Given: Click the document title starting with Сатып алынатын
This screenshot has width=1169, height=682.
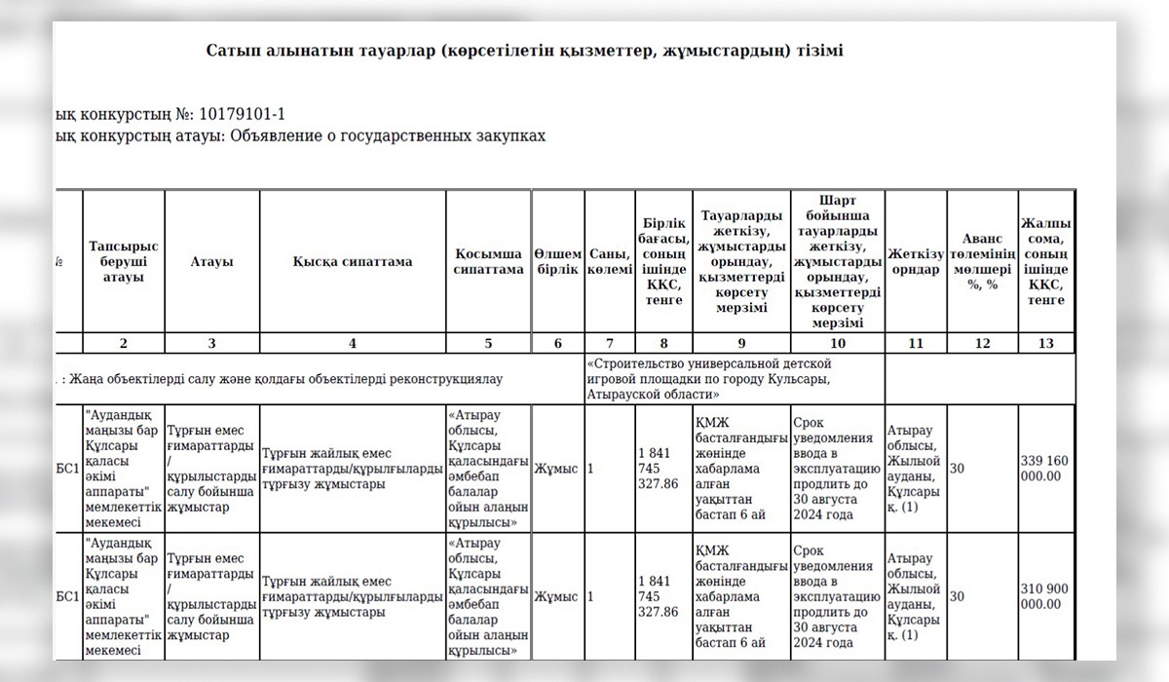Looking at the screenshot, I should coord(524,50).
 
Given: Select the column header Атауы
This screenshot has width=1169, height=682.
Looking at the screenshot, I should coord(211,261).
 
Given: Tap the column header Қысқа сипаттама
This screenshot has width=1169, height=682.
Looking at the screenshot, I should coord(352,261).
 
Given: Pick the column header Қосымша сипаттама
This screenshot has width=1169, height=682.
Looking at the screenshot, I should coord(488,261).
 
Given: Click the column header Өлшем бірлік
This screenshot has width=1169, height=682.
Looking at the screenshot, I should coord(558,261).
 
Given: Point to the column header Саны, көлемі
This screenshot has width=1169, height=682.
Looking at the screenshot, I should coord(610,261).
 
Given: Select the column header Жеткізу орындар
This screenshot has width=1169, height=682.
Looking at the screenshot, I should coord(915,261).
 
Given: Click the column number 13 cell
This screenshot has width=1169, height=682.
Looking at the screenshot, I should coord(1046,343).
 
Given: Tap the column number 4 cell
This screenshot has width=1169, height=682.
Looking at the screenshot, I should coord(352,343).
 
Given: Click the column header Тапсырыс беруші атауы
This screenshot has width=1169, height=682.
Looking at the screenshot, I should coord(124,261).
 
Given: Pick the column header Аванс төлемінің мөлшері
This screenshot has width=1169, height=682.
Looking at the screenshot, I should coord(982,261).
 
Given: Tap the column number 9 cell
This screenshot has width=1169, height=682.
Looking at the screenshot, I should coord(741,343).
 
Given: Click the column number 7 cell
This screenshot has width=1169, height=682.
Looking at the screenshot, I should coord(610,343).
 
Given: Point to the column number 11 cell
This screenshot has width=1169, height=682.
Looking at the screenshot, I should coord(915,343).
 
